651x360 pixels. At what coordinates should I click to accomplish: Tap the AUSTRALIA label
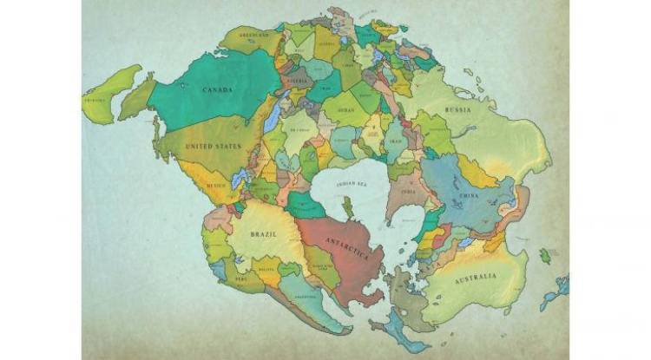(476, 277)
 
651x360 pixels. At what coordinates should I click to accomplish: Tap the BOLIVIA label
(266, 271)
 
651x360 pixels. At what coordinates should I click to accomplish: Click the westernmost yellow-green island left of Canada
(110, 93)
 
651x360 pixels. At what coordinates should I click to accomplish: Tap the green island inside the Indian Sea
(346, 207)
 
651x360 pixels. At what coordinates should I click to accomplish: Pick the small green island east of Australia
(545, 256)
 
